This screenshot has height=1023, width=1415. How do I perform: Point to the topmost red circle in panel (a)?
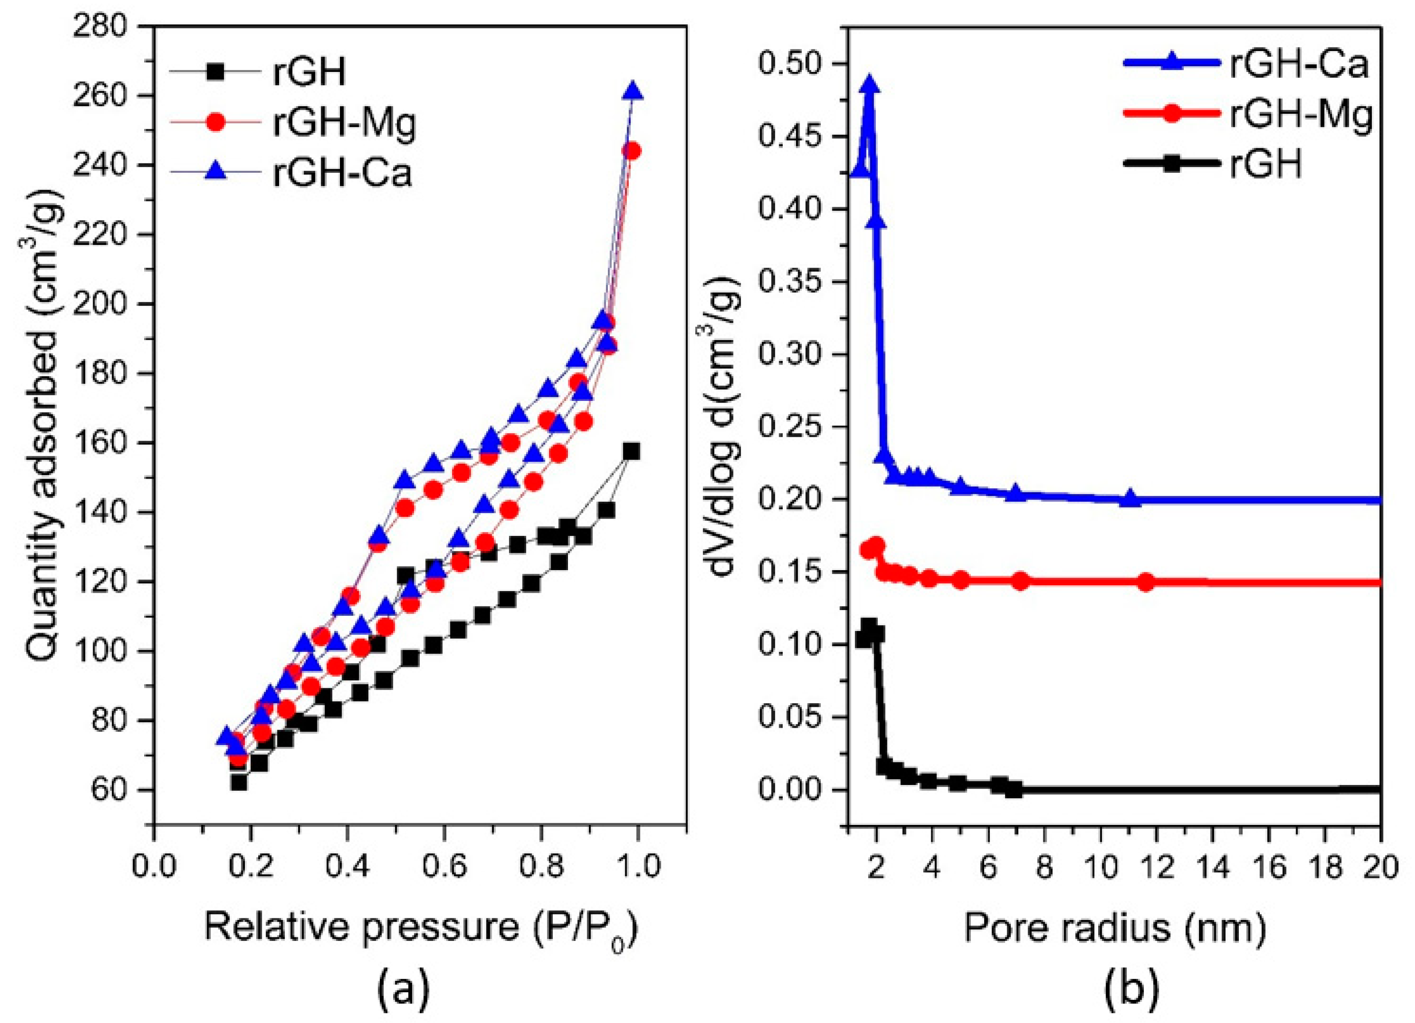pyautogui.click(x=633, y=151)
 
